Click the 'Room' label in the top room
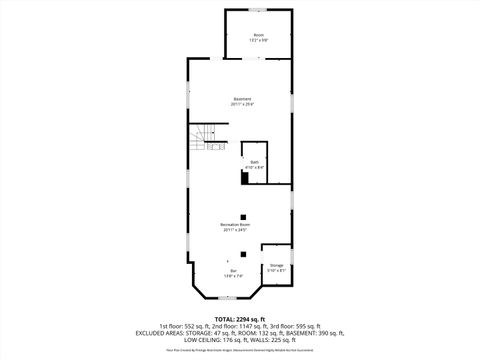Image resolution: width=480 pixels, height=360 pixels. [258, 35]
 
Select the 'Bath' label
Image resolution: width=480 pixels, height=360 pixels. [254, 162]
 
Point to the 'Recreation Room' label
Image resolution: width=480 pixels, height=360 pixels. [235, 225]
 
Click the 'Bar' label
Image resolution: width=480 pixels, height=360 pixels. [233, 270]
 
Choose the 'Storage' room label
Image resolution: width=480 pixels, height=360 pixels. [276, 265]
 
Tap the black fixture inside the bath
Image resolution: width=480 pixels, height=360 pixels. [245, 179]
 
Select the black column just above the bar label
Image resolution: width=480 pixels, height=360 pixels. [240, 253]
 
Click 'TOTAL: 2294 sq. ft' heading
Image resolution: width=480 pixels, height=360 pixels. [240, 318]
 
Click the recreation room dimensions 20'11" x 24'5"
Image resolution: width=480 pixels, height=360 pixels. [235, 231]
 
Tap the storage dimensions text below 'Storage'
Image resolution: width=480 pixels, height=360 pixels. [276, 271]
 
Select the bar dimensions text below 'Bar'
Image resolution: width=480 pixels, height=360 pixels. [233, 276]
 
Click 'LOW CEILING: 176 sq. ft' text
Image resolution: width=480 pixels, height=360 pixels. [209, 338]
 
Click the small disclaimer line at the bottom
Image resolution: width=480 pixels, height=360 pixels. [240, 350]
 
